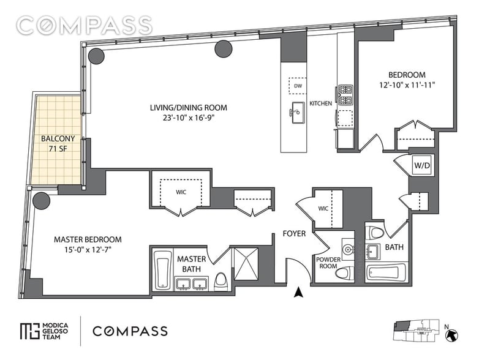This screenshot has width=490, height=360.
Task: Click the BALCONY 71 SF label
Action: point(58,143)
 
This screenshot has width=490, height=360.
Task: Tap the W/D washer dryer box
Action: point(421,165)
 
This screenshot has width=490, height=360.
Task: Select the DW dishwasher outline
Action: point(298,86)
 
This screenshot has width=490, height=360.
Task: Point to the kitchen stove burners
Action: point(345,94)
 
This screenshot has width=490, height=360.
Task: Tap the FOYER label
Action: point(294,233)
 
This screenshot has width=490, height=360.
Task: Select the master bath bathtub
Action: point(163,269)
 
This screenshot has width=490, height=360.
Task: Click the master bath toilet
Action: point(221,281)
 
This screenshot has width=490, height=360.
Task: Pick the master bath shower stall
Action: point(246,263)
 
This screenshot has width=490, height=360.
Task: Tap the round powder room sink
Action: point(348,249)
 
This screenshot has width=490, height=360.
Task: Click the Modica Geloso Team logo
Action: point(44,331)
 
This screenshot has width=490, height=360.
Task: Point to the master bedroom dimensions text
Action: point(88,250)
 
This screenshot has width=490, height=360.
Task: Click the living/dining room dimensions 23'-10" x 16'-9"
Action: point(188,118)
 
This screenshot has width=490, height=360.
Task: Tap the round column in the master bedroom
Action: point(42,201)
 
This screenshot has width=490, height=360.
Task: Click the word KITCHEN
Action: point(320,103)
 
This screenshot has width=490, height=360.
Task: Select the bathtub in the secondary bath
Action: point(386,272)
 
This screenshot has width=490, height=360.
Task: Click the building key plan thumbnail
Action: point(416,331)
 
